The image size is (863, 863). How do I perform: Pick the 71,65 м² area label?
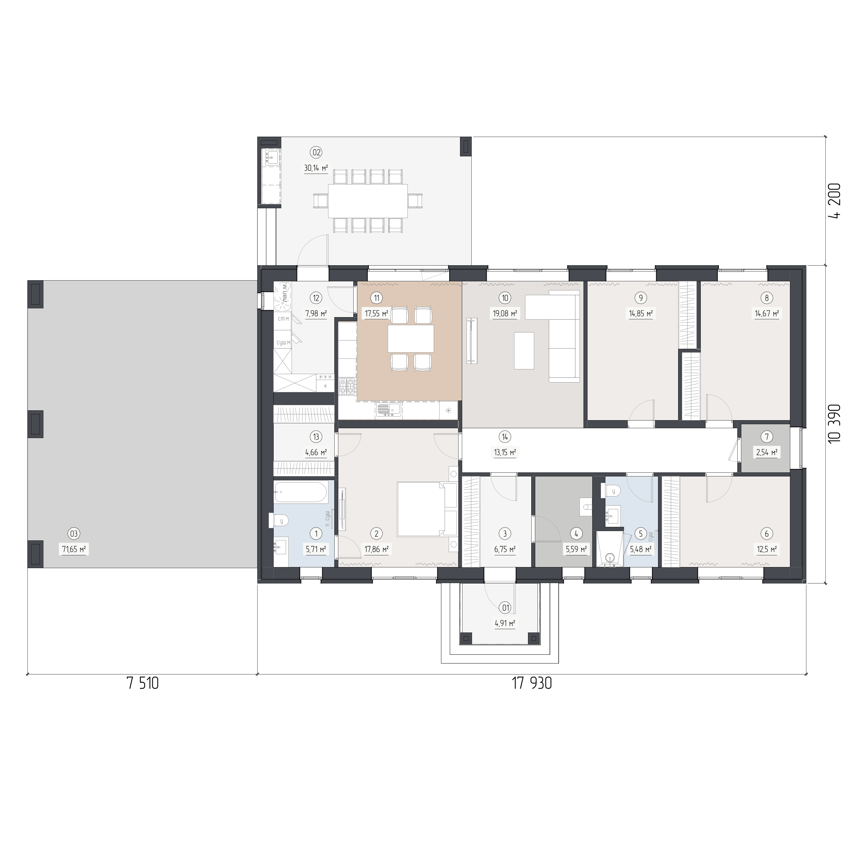(74, 549)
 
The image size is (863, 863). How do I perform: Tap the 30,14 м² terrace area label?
(316, 168)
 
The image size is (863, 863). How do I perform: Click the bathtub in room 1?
(301, 492)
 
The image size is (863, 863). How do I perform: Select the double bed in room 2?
(427, 509)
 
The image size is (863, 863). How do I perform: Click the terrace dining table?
(368, 201)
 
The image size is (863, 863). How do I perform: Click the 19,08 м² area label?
(505, 313)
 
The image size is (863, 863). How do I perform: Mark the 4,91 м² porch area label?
(505, 623)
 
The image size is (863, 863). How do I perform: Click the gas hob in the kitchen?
(347, 387)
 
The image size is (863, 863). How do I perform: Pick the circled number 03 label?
(74, 533)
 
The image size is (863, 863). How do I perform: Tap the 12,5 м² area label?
(767, 549)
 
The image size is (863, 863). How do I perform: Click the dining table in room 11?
(411, 339)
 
